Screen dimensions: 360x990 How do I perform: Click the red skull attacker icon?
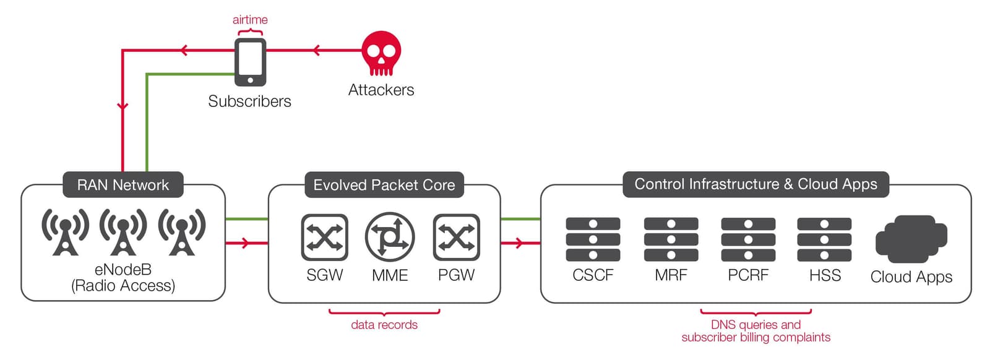coord(381,54)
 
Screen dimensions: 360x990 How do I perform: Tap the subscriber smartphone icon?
coord(250,62)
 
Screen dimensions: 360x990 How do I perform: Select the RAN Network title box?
coord(123,184)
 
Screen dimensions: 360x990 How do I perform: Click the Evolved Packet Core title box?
coord(384,184)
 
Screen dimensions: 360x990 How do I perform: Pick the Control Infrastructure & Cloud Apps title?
coord(755,184)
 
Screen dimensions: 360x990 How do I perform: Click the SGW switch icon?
coord(325,237)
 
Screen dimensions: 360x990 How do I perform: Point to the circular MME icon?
coord(390,237)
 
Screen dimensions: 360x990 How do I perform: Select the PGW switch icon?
coord(457,237)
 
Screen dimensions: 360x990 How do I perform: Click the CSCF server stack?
coord(593,239)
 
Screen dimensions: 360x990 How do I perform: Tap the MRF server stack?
coord(671,239)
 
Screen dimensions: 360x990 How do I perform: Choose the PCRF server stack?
coord(748,239)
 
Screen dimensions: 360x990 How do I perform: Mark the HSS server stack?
coord(824,239)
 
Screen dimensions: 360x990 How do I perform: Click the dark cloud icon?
coord(911,239)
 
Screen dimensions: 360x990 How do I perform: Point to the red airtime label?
coord(250,20)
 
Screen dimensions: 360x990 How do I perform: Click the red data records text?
coord(384,325)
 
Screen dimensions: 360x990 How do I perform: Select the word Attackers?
coord(381,90)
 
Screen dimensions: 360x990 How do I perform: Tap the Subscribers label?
coord(249,101)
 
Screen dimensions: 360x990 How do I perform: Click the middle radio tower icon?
coord(123,232)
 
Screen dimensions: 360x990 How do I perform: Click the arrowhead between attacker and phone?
coord(316,50)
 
